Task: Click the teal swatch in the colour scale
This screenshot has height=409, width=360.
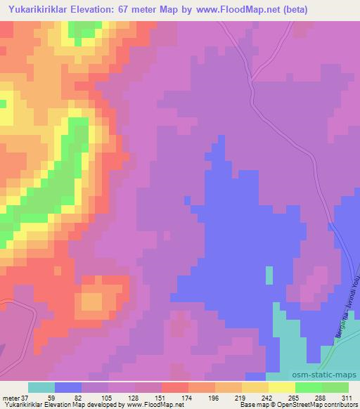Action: (x=41, y=387)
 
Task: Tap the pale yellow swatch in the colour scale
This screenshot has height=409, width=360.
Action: (x=282, y=387)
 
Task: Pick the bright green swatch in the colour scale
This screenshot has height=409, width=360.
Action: (x=309, y=387)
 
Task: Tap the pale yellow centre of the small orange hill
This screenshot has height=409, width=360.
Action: (x=91, y=301)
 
